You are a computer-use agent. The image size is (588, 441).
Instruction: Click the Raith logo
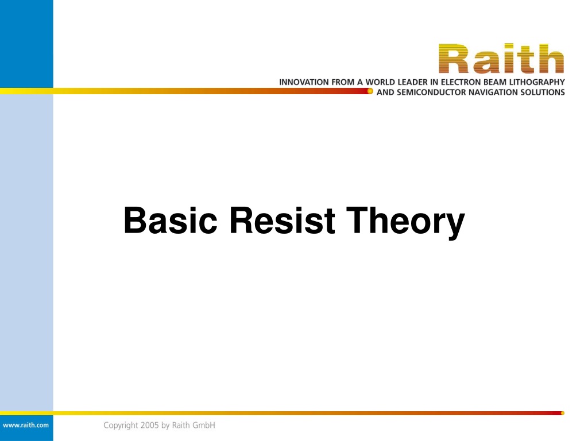501,59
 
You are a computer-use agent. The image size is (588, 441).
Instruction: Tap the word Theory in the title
405,222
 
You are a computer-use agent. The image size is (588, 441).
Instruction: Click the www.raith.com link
25,425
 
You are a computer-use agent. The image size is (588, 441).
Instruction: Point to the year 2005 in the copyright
150,425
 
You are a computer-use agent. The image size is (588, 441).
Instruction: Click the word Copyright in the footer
121,425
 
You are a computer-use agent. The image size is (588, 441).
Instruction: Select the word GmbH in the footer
204,425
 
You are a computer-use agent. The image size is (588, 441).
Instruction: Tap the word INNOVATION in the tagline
304,82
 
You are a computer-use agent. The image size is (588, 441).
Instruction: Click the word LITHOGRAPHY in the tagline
537,82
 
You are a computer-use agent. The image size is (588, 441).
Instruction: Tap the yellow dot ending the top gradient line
370,91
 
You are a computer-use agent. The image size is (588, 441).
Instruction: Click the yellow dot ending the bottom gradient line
563,413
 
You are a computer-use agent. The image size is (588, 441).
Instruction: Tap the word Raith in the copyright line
181,425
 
